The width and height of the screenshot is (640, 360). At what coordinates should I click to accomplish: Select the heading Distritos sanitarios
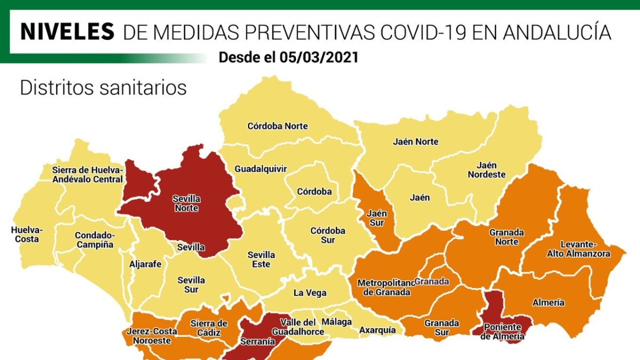(x=103, y=88)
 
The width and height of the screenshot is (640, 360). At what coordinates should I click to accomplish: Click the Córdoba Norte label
(x=277, y=126)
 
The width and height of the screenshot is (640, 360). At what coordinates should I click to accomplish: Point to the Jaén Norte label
(x=415, y=142)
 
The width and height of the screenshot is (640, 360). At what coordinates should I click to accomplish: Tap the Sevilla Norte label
(x=187, y=203)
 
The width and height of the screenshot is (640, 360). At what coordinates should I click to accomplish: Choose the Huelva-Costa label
(x=27, y=235)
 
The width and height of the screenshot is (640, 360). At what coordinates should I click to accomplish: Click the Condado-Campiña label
(x=94, y=239)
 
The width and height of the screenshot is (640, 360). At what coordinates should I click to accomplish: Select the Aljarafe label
(x=145, y=263)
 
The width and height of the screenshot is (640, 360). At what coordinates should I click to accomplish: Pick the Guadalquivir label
(x=261, y=169)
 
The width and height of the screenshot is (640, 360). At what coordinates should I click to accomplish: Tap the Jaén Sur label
(x=377, y=218)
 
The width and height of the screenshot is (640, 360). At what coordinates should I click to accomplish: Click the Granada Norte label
(x=507, y=237)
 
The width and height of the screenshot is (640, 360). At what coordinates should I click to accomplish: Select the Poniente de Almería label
(x=502, y=332)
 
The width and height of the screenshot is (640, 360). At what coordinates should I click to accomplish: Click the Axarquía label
(x=378, y=331)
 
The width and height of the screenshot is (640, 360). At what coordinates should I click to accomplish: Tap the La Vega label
(x=310, y=293)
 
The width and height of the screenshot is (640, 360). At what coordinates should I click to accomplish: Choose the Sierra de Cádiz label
(x=209, y=328)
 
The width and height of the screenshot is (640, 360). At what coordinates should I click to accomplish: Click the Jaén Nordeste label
(x=486, y=170)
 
